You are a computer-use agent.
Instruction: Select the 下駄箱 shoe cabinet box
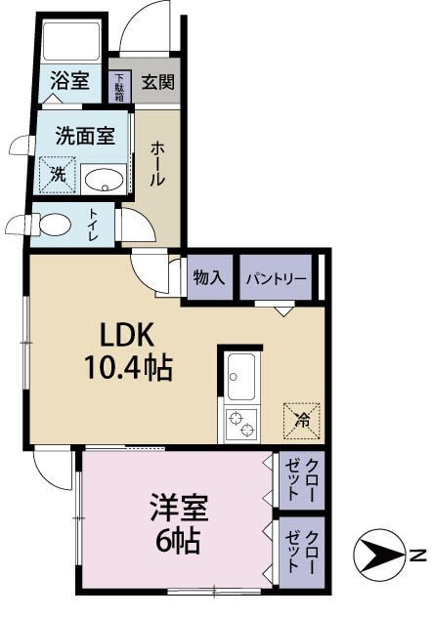click(120, 86)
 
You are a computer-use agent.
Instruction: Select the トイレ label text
click(93, 225)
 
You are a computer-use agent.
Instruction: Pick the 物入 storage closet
click(209, 277)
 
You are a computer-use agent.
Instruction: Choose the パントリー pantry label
click(276, 278)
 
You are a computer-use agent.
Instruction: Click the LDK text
click(127, 335)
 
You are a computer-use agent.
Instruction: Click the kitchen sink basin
click(242, 373)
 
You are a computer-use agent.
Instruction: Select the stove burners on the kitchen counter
click(242, 423)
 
